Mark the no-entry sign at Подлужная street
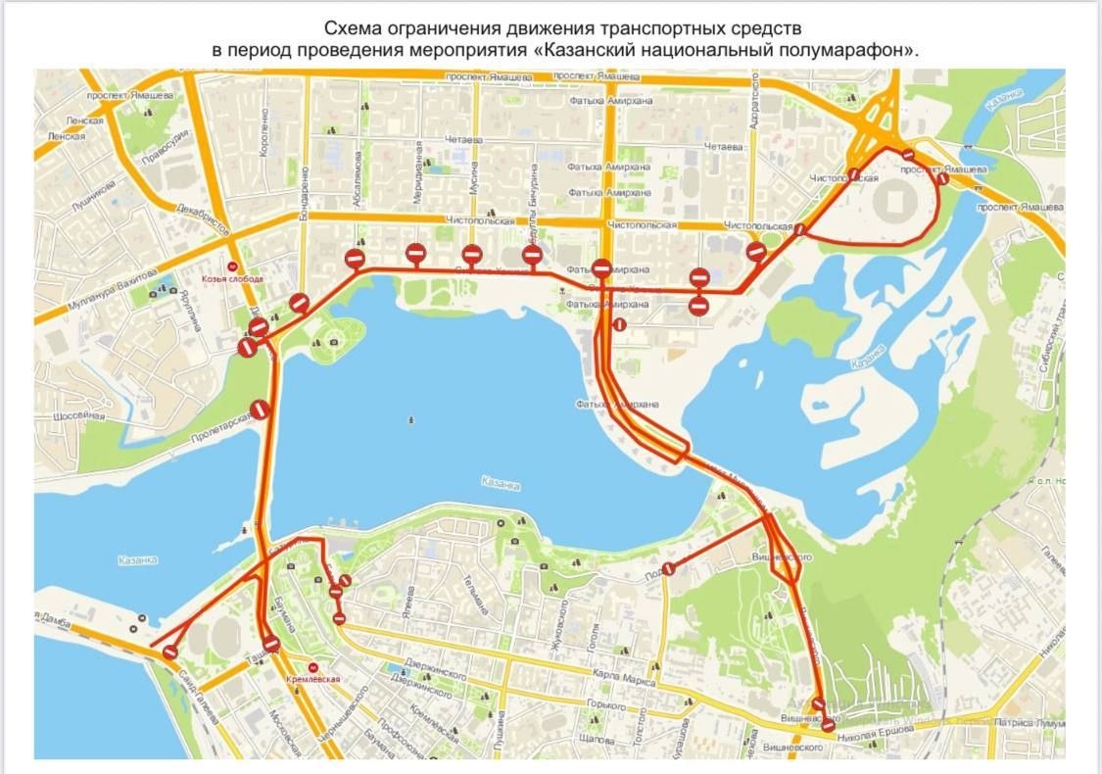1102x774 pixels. click(669, 568)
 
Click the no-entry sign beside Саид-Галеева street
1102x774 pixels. click(170, 652)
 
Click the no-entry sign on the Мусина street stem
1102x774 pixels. click(471, 255)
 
